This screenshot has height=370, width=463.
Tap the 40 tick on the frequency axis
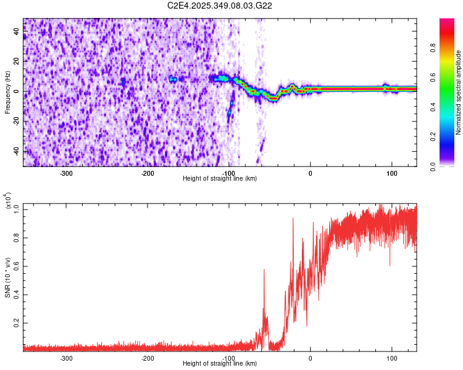tap(17, 32)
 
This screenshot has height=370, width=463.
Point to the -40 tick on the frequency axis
tap(15, 151)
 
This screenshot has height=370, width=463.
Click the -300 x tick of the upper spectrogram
tap(66, 172)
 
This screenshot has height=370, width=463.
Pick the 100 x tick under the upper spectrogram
tap(391, 172)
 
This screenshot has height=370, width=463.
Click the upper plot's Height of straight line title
tap(220, 178)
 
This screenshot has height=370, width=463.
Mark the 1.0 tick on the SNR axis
tap(17, 210)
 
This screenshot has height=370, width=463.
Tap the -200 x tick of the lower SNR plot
tap(148, 357)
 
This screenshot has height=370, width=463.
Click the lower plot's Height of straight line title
tap(220, 363)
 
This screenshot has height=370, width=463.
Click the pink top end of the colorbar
tap(446, 22)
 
